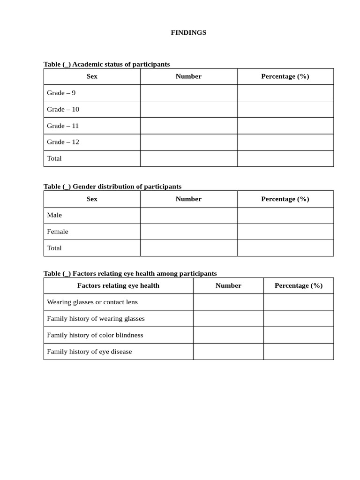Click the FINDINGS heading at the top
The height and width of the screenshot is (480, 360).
click(188, 33)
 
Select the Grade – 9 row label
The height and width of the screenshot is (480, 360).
click(61, 93)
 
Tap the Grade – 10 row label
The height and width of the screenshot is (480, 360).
click(63, 109)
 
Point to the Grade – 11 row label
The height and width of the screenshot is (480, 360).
click(63, 126)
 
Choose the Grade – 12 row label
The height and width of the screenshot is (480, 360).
click(63, 142)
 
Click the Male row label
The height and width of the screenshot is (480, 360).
click(54, 215)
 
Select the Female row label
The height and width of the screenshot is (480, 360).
click(58, 232)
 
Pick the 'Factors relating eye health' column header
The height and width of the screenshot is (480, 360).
click(118, 285)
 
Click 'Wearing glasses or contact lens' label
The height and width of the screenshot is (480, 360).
click(92, 302)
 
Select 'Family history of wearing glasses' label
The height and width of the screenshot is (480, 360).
click(96, 319)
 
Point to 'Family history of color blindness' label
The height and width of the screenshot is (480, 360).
click(95, 335)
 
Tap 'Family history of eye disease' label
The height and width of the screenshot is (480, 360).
click(90, 352)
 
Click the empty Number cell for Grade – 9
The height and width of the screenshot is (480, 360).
click(188, 93)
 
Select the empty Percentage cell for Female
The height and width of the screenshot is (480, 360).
click(285, 232)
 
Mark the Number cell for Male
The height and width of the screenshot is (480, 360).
click(188, 215)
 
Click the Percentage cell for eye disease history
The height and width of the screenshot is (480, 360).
click(299, 352)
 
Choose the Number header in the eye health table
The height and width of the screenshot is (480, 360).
click(228, 285)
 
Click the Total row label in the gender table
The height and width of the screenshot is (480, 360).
click(54, 248)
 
